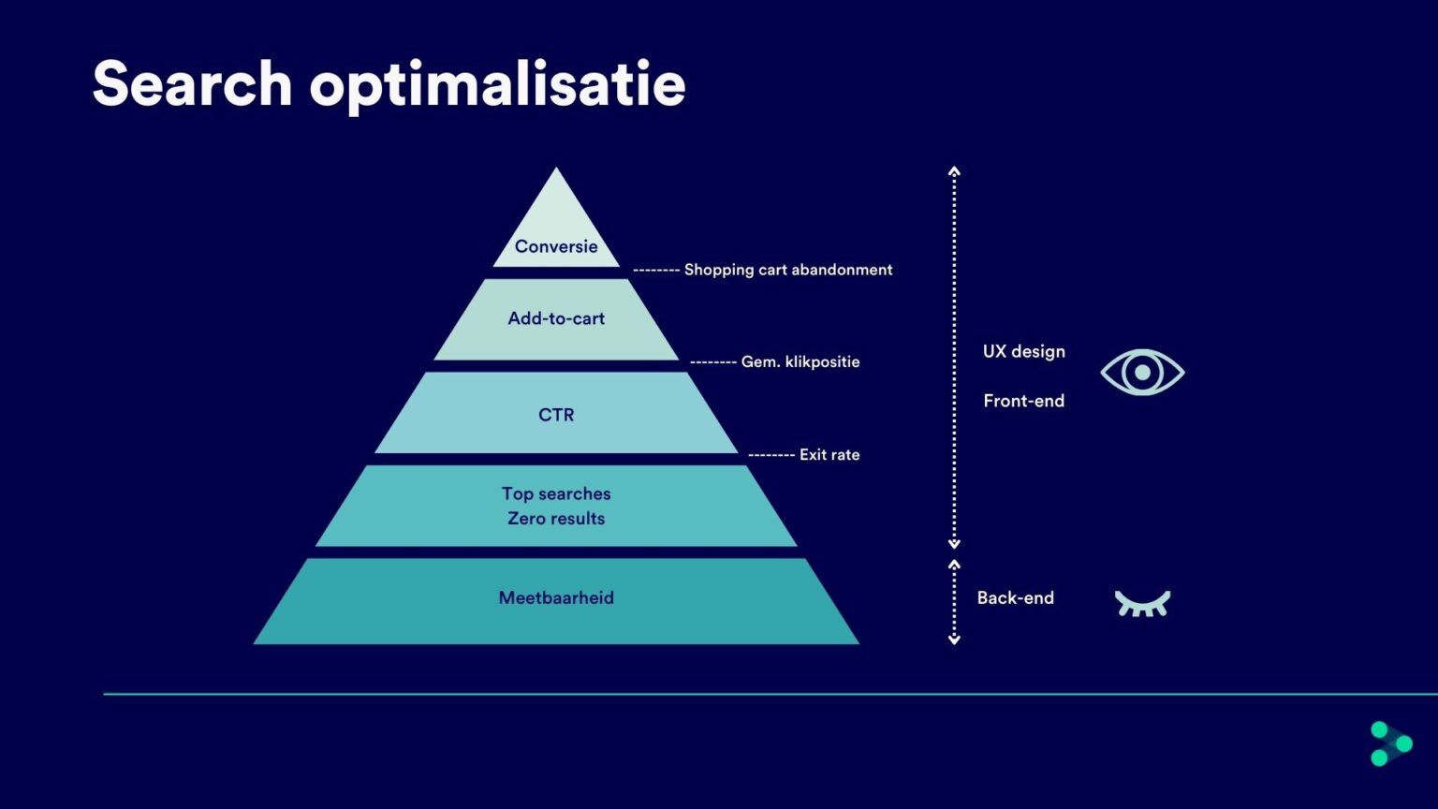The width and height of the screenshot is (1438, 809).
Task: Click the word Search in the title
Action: pyautogui.click(x=192, y=84)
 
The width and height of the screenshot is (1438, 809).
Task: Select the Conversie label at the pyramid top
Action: pyautogui.click(x=556, y=246)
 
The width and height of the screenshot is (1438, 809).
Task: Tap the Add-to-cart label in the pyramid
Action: pyautogui.click(x=556, y=318)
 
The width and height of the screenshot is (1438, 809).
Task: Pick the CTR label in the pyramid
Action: pyautogui.click(x=556, y=415)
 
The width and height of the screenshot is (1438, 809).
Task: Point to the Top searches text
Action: pyautogui.click(x=556, y=493)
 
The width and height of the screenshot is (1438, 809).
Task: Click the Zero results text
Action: pyautogui.click(x=556, y=519)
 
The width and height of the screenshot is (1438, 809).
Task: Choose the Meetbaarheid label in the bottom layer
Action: pyautogui.click(x=556, y=597)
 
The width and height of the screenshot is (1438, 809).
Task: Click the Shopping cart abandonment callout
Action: pyautogui.click(x=788, y=270)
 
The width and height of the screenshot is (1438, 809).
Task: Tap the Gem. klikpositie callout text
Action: pyautogui.click(x=800, y=361)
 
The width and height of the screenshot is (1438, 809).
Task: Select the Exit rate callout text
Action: pyautogui.click(x=829, y=454)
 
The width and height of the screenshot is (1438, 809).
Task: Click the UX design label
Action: pyautogui.click(x=1023, y=351)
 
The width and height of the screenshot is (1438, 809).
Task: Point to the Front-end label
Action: pyautogui.click(x=1023, y=401)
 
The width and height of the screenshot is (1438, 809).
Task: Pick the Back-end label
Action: pyautogui.click(x=1015, y=597)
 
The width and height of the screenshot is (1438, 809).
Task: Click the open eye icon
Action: pyautogui.click(x=1142, y=372)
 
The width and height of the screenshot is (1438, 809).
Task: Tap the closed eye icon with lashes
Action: pyautogui.click(x=1142, y=603)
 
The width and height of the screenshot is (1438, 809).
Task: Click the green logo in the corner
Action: pyautogui.click(x=1390, y=743)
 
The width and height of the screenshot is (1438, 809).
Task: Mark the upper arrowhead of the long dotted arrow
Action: pyautogui.click(x=954, y=171)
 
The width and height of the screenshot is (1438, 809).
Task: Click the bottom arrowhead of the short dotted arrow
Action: pyautogui.click(x=954, y=640)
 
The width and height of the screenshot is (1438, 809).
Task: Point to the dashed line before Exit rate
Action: pyautogui.click(x=770, y=455)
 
